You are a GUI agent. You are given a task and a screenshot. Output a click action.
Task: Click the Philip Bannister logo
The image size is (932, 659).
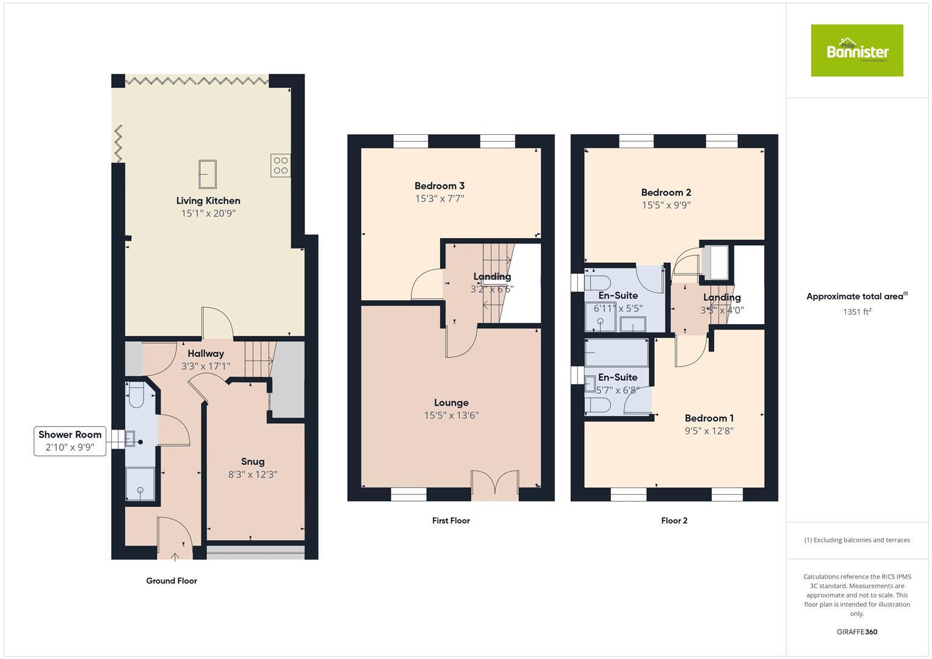(857, 51)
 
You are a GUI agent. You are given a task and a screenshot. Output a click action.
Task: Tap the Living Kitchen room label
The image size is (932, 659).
(208, 201)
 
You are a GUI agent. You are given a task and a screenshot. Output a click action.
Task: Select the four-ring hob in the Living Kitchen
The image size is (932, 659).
(281, 165)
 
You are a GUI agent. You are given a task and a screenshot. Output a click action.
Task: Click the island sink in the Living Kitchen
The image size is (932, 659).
(208, 175)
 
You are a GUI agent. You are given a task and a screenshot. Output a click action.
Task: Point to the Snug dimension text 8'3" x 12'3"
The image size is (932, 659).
(253, 474)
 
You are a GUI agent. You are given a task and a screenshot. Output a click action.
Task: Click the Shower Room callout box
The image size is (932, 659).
(70, 441)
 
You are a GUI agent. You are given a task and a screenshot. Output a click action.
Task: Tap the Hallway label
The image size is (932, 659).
(206, 353)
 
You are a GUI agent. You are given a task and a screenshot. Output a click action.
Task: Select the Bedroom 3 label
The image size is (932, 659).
(439, 186)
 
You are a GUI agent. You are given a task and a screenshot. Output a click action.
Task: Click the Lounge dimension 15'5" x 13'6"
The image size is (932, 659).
(451, 416)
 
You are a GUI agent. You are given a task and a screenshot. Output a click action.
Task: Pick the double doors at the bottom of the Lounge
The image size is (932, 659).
(494, 484)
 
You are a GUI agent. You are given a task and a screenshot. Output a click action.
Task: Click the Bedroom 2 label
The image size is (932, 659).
(666, 193)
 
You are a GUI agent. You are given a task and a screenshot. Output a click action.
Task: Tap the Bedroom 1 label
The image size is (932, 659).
(709, 418)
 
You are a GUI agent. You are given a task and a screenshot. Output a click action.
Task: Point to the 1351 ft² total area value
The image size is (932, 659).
(857, 312)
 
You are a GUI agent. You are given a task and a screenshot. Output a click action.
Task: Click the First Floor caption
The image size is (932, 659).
(450, 520)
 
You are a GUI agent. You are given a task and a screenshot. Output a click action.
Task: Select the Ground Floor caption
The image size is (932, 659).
(172, 581)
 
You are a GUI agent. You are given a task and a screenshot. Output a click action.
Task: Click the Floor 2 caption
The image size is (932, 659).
(674, 520)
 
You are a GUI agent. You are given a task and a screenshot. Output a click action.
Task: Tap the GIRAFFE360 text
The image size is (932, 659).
(857, 632)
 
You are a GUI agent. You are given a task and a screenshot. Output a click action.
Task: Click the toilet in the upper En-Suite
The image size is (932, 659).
(597, 283)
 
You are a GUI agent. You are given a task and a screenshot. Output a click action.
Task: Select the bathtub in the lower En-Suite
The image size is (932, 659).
(616, 353)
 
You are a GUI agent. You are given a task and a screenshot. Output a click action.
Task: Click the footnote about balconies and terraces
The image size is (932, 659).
(857, 540)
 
